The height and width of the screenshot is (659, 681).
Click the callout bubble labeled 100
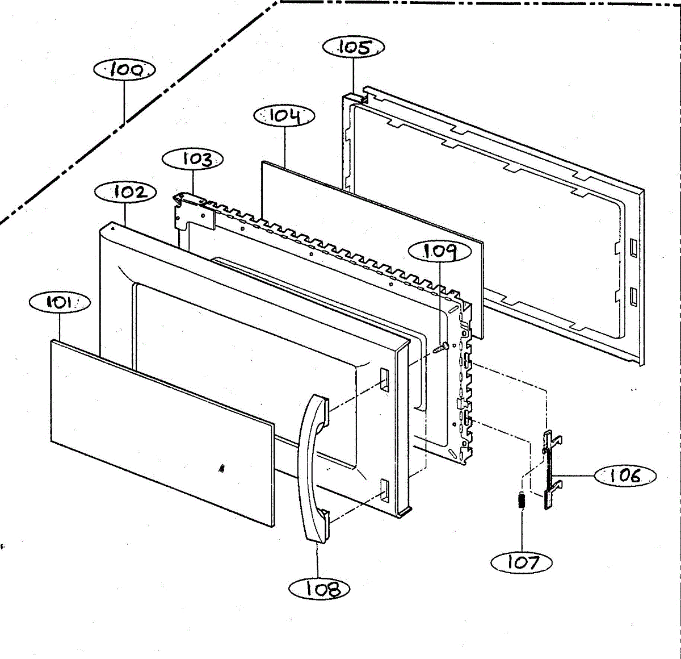[125, 70]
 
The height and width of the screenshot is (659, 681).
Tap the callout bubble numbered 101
[59, 302]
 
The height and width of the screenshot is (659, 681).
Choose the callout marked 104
[284, 116]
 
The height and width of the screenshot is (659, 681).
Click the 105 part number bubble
[354, 47]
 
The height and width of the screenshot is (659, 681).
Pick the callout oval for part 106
[625, 476]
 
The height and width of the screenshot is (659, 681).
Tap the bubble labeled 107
[522, 562]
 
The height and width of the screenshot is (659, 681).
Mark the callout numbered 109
[440, 251]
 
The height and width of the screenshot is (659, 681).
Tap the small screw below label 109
[441, 348]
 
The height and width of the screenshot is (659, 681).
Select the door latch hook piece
[549, 469]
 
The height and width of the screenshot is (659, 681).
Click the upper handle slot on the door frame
[384, 379]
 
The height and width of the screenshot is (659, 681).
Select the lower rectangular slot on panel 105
[633, 296]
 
